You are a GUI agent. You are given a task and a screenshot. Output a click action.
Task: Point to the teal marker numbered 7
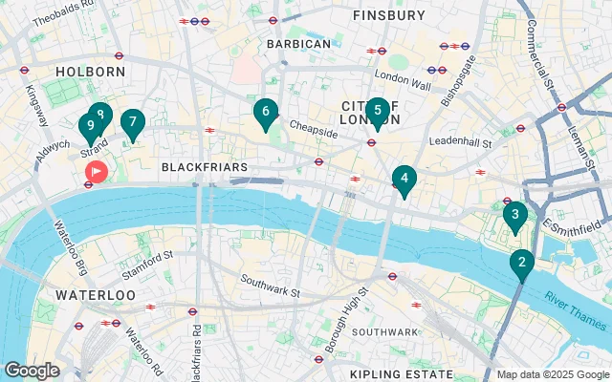tap(132, 123)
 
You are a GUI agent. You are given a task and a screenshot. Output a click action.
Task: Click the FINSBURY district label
tap(388, 15)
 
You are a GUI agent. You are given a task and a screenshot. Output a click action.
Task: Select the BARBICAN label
tap(298, 44)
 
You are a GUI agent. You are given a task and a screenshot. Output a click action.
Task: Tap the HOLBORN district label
tap(91, 72)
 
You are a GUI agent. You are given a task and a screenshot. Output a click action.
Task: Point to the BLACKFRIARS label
tap(205, 167)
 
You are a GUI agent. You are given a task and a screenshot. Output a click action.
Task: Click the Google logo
tap(32, 371)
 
